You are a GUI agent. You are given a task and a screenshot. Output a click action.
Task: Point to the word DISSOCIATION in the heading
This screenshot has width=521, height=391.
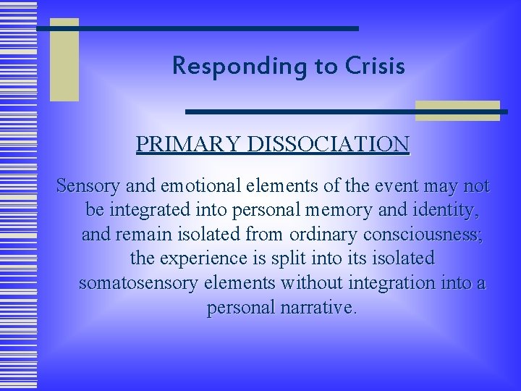[329, 144]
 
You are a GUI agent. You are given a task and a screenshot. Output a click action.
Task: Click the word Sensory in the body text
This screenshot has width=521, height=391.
[86, 186]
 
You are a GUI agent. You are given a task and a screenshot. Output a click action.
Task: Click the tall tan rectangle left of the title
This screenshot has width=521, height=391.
[64, 60]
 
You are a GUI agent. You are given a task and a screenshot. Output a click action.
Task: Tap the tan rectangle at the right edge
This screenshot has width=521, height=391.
[457, 111]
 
